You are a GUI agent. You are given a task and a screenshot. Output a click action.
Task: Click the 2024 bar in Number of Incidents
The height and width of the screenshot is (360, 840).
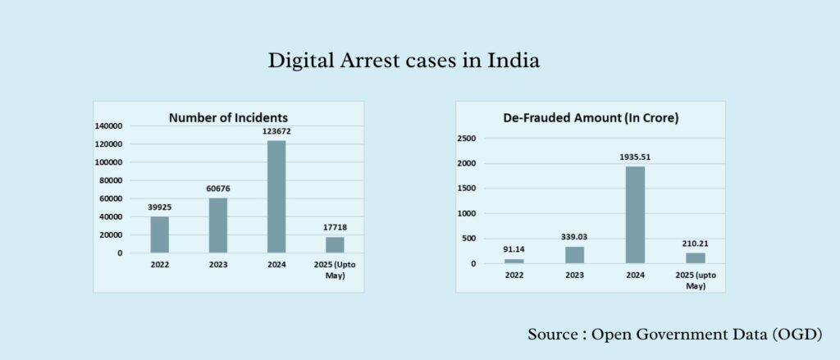pyautogui.click(x=276, y=197)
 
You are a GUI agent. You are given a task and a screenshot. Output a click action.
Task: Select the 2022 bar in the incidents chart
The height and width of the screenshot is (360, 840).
pyautogui.click(x=159, y=235)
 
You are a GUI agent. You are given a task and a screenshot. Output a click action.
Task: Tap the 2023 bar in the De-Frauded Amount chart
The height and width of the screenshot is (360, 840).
pyautogui.click(x=574, y=255)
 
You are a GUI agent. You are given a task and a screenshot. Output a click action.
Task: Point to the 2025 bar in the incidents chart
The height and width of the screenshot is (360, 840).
pyautogui.click(x=335, y=244)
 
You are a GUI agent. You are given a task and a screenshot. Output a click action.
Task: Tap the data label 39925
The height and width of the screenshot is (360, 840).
pyautogui.click(x=159, y=207)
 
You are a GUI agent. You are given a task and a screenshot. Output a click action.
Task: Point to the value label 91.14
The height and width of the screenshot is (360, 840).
pyautogui.click(x=514, y=249)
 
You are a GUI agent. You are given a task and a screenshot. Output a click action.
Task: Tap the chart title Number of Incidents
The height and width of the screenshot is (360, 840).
pyautogui.click(x=228, y=117)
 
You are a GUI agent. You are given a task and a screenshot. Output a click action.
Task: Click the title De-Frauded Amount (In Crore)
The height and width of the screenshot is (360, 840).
pyautogui.click(x=591, y=118)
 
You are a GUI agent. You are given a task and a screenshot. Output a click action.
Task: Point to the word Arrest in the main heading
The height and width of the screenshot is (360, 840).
pyautogui.click(x=360, y=61)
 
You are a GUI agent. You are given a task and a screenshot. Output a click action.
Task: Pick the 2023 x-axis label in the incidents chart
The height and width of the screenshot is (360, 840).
pyautogui.click(x=218, y=266)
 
